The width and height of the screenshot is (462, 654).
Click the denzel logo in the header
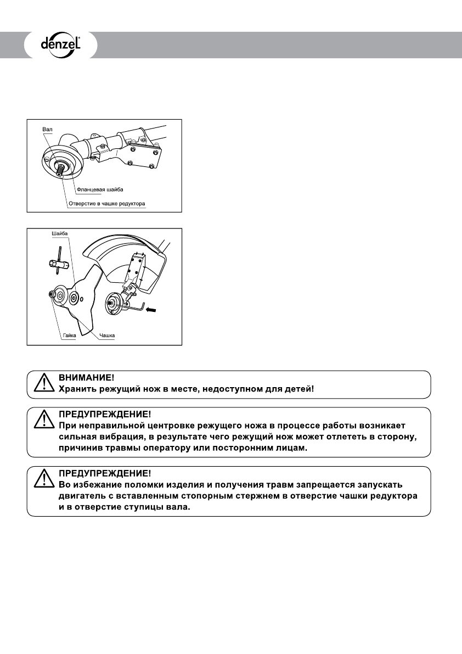coord(60,44)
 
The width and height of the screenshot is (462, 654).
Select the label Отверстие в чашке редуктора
coord(107,203)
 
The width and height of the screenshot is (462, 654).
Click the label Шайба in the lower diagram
coord(59,234)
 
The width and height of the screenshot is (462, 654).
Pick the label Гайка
coord(68,335)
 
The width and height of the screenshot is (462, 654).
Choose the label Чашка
coord(107,335)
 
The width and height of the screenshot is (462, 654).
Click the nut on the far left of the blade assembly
coord(52,295)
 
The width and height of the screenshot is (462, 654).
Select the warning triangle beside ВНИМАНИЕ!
coord(42,384)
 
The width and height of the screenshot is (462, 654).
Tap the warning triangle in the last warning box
coord(42,479)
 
